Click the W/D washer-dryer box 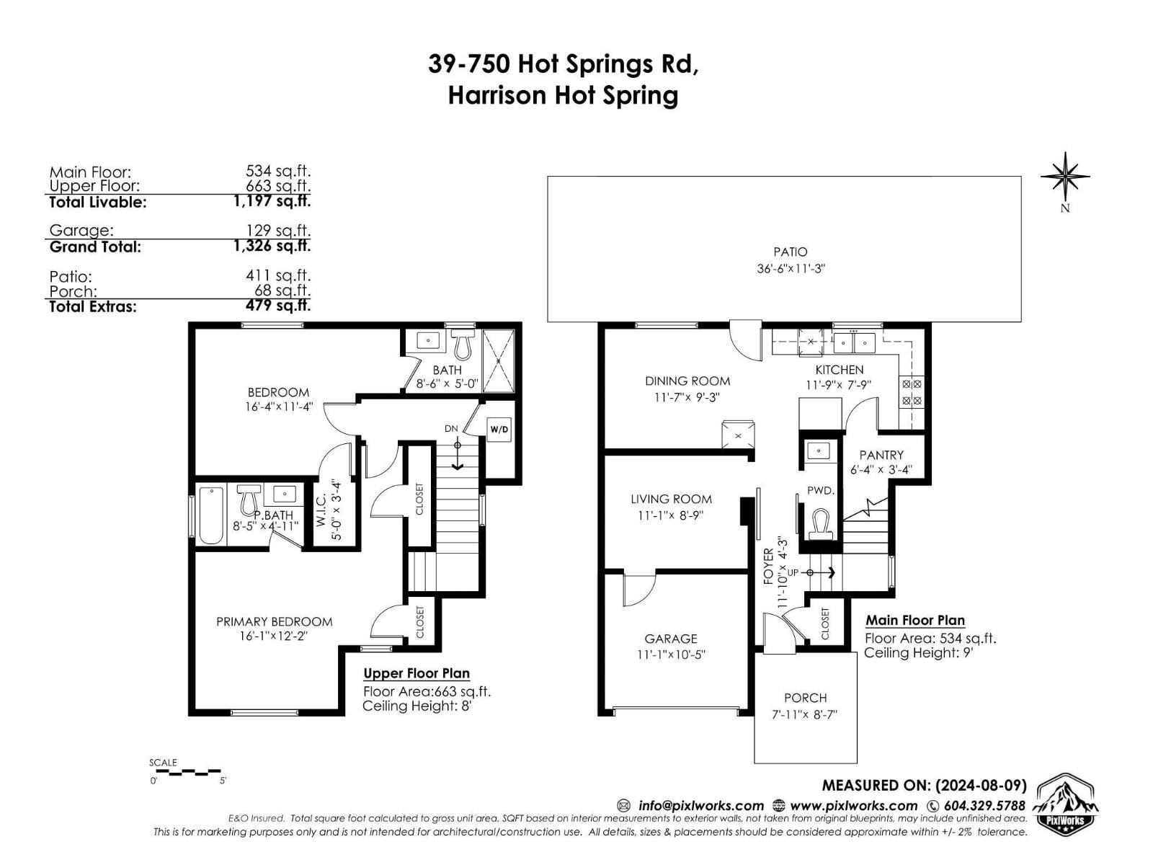pos(499,430)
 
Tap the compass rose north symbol pos(1065,177)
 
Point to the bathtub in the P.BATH pos(212,516)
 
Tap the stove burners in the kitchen pos(912,392)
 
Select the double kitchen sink pos(854,343)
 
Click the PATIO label pos(790,252)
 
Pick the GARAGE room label pos(671,639)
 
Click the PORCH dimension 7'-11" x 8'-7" pos(804,714)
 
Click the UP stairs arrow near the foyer pos(822,572)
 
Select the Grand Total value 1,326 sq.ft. pos(272,246)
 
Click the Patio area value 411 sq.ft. pos(278,275)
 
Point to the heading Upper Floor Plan pos(417,673)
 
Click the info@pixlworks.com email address pos(700,806)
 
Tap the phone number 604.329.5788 pos(984,806)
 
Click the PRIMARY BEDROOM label pos(275,622)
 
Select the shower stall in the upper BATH pos(498,360)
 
